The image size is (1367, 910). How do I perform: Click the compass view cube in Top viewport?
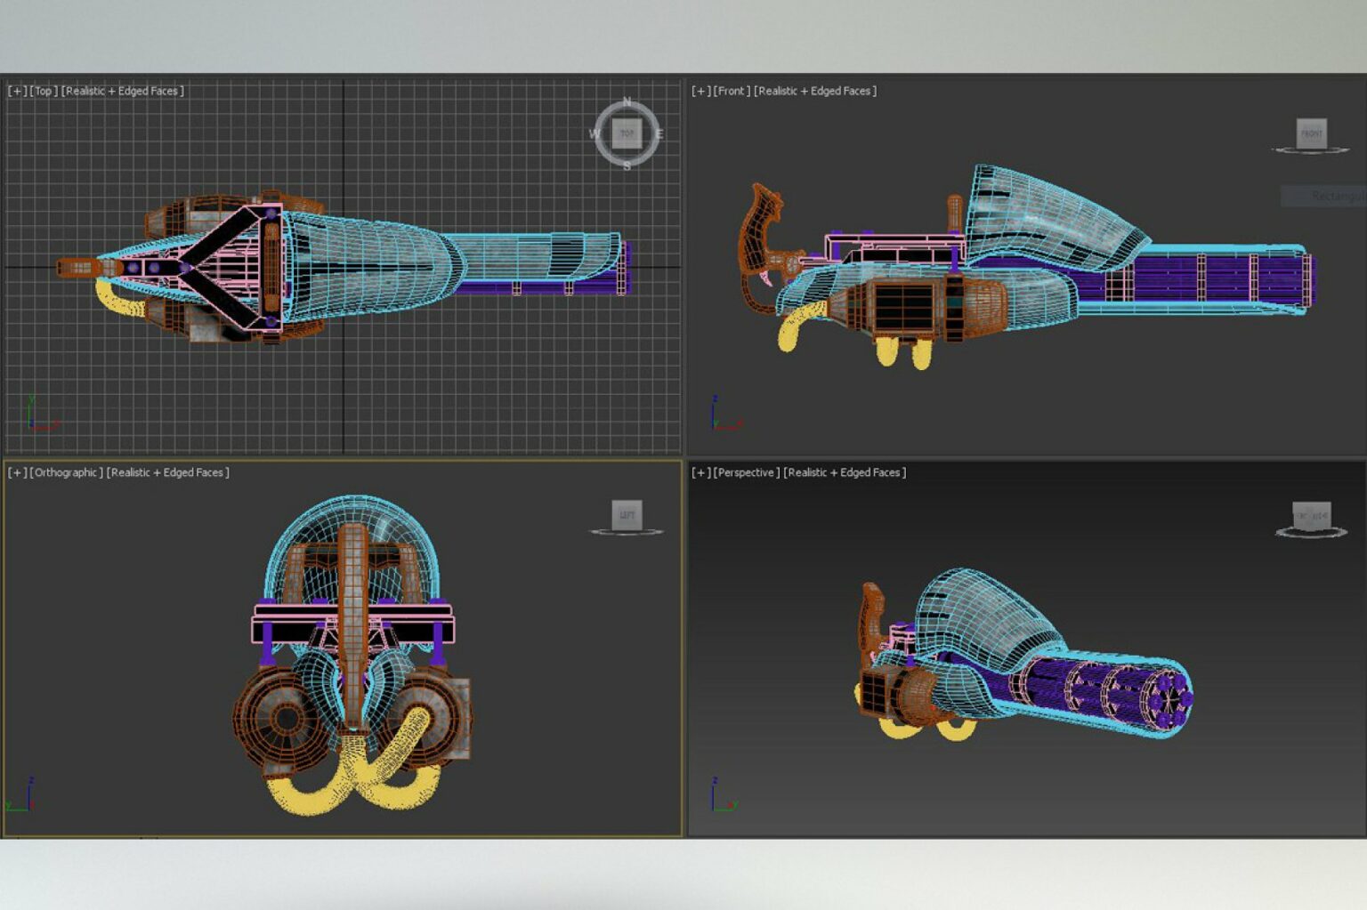pos(627,133)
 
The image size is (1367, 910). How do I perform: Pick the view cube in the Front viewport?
pos(1311,133)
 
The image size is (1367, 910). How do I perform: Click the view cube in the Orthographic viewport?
pos(627,514)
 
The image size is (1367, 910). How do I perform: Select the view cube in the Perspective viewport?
pos(1311,515)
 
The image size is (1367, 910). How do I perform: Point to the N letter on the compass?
pos(627,101)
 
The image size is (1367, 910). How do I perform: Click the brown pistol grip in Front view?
pos(758,240)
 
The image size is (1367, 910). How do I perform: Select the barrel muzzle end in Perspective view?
pos(1170,700)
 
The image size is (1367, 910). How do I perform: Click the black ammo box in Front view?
pos(904,308)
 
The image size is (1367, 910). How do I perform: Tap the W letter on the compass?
pos(595,134)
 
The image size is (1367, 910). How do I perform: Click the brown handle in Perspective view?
pos(871,614)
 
